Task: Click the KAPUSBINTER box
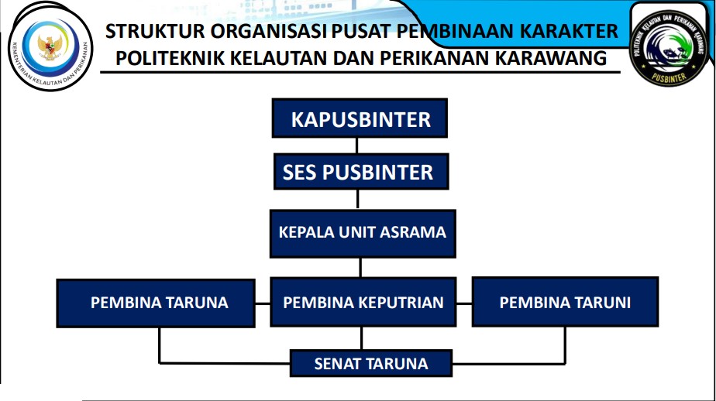pos(360,118)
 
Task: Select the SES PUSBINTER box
pos(361,172)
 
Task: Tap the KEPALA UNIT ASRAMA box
pos(363,234)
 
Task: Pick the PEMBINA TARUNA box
pos(156,303)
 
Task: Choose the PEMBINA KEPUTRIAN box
pos(363,302)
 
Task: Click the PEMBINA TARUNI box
pos(565,302)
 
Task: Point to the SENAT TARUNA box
pos(370,363)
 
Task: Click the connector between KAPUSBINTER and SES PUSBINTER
pos(356,146)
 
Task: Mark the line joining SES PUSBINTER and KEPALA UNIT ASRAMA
pos(357,200)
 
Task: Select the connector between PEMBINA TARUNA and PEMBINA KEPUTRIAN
pos(263,303)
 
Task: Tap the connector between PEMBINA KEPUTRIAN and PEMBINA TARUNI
pos(464,303)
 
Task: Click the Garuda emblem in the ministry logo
pos(50,47)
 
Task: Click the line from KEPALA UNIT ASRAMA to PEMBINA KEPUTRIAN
pos(361,268)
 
